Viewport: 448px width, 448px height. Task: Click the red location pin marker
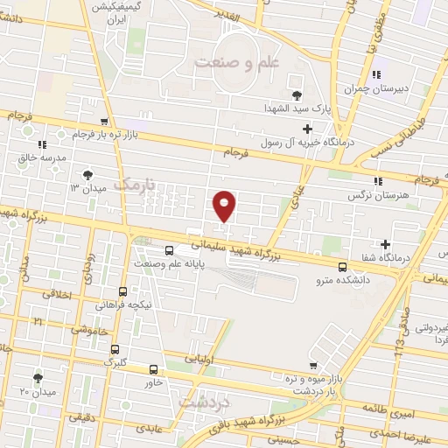pos(225,205)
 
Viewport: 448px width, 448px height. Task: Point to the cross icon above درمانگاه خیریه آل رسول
pos(306,129)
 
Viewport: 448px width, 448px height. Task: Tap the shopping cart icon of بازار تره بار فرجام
pos(105,122)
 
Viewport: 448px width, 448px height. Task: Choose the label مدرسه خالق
pos(41,158)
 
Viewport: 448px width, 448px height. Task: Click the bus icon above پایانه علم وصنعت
pos(169,248)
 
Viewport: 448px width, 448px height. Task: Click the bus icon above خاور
pos(153,369)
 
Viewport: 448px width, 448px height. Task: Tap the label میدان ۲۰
pos(38,392)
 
